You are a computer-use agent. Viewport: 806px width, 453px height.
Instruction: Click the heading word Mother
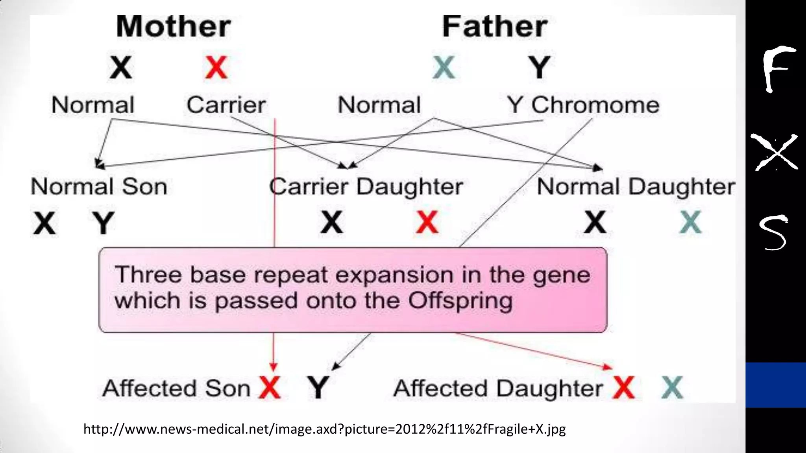tap(173, 27)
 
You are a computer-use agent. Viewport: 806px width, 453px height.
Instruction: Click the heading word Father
tap(495, 27)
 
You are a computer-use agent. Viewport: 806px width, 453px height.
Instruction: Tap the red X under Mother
tap(216, 68)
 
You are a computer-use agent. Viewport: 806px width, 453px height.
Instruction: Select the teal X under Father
tap(444, 68)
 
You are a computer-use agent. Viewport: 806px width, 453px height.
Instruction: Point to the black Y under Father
tap(539, 68)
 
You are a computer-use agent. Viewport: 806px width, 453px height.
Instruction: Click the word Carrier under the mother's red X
tap(226, 105)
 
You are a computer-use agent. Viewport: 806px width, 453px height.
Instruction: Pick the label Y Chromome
tap(583, 105)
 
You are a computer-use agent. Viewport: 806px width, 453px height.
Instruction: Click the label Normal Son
tap(99, 186)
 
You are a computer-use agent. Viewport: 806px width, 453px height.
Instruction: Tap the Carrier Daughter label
tap(366, 187)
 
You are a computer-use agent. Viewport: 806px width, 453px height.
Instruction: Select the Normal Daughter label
tap(636, 187)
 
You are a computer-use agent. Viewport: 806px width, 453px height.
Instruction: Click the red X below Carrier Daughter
tap(427, 223)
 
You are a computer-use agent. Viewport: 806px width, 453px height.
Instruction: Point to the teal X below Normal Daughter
tap(690, 223)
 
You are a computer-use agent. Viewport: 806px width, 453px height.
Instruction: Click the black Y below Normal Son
tap(103, 223)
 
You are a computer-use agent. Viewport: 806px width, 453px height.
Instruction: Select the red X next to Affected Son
tap(270, 388)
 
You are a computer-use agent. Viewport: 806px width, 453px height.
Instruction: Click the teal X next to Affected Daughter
tap(672, 388)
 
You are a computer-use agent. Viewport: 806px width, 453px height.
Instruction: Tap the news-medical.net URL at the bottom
tap(324, 429)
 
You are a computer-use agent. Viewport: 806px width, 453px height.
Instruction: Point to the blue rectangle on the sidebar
tap(775, 385)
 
